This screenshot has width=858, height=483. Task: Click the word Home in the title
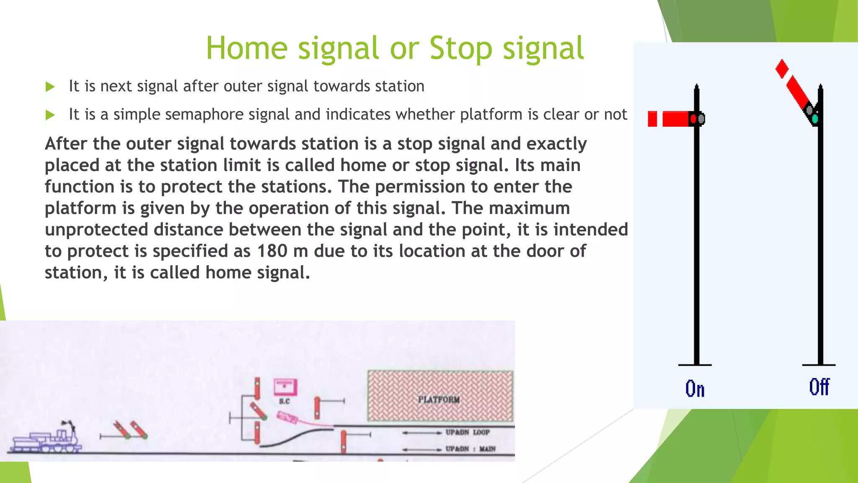click(246, 48)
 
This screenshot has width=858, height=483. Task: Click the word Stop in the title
click(461, 48)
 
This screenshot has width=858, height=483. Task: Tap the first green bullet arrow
click(50, 87)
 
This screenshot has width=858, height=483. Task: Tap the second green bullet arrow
click(50, 114)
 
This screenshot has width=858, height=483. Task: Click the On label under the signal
click(695, 389)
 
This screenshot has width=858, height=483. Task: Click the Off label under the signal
click(819, 387)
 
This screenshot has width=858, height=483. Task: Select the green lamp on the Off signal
click(815, 119)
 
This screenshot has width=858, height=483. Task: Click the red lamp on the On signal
click(693, 119)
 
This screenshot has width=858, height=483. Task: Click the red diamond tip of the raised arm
click(782, 69)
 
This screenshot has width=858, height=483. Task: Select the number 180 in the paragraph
click(272, 251)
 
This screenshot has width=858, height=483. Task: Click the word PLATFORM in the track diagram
click(439, 400)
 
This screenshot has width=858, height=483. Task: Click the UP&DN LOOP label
click(468, 432)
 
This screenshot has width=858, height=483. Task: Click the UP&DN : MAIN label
click(470, 449)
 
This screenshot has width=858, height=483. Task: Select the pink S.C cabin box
click(285, 387)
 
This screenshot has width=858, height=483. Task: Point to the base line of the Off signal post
click(819, 365)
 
